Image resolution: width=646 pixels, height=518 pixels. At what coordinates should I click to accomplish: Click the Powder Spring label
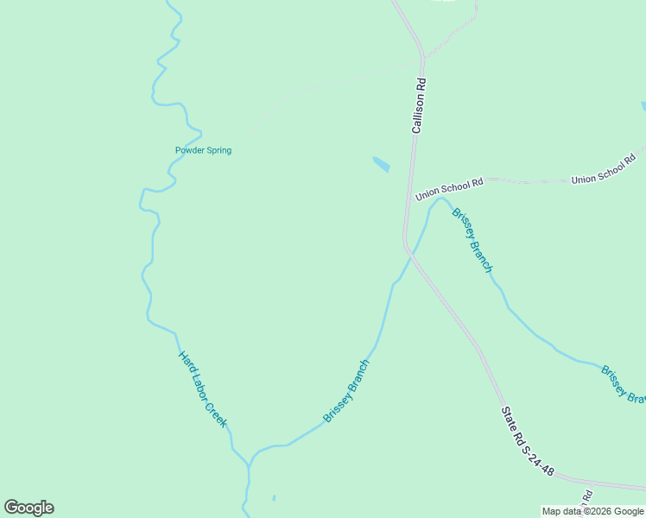[203, 150]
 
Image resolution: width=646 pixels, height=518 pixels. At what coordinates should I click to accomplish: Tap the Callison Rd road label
[418, 106]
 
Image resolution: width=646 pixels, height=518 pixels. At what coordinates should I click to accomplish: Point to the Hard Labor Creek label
[203, 389]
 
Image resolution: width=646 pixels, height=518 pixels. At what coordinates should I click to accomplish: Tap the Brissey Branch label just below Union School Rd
[472, 240]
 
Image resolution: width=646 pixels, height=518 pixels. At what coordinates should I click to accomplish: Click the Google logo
[28, 508]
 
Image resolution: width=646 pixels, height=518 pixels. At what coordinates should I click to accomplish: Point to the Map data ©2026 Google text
[593, 512]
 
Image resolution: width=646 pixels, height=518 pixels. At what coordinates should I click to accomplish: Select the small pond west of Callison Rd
[381, 163]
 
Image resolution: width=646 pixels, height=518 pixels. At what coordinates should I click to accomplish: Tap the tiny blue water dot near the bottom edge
[274, 497]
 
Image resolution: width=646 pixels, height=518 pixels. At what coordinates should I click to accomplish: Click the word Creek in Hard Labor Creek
[215, 411]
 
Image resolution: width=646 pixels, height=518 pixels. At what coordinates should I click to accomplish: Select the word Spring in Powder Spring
[217, 150]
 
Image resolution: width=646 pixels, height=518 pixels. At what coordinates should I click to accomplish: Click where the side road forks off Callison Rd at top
[423, 57]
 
